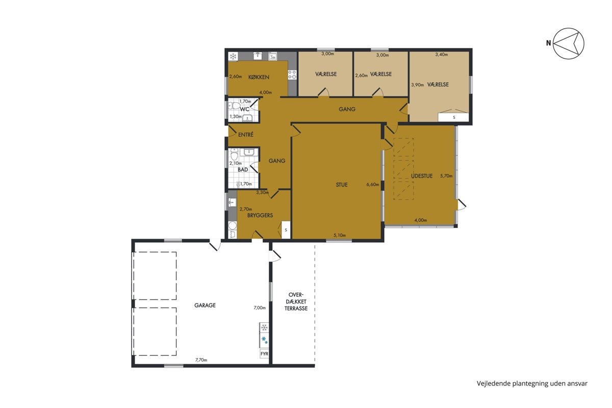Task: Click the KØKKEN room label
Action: coord(259,77)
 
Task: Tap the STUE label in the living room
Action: coord(342,185)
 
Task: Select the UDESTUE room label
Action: coord(422,176)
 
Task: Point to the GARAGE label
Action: coord(205,305)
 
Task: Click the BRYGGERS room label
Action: coord(260,215)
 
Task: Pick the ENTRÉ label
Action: coord(246,135)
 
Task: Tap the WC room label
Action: coord(244,109)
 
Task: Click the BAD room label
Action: coord(243,170)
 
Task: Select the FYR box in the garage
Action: coord(264,354)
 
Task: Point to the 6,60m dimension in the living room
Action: coord(373,185)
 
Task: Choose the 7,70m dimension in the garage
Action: coord(201,360)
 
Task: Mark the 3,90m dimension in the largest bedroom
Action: coord(418,85)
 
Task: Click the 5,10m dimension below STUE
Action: coord(340,235)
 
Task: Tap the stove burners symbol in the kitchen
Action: coord(292,74)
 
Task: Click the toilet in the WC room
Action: coord(234,106)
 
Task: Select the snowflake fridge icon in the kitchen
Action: coord(233,57)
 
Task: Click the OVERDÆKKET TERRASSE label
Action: coord(296,302)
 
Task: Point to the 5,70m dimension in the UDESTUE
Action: coord(446,176)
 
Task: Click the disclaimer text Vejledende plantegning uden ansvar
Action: coord(532,384)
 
